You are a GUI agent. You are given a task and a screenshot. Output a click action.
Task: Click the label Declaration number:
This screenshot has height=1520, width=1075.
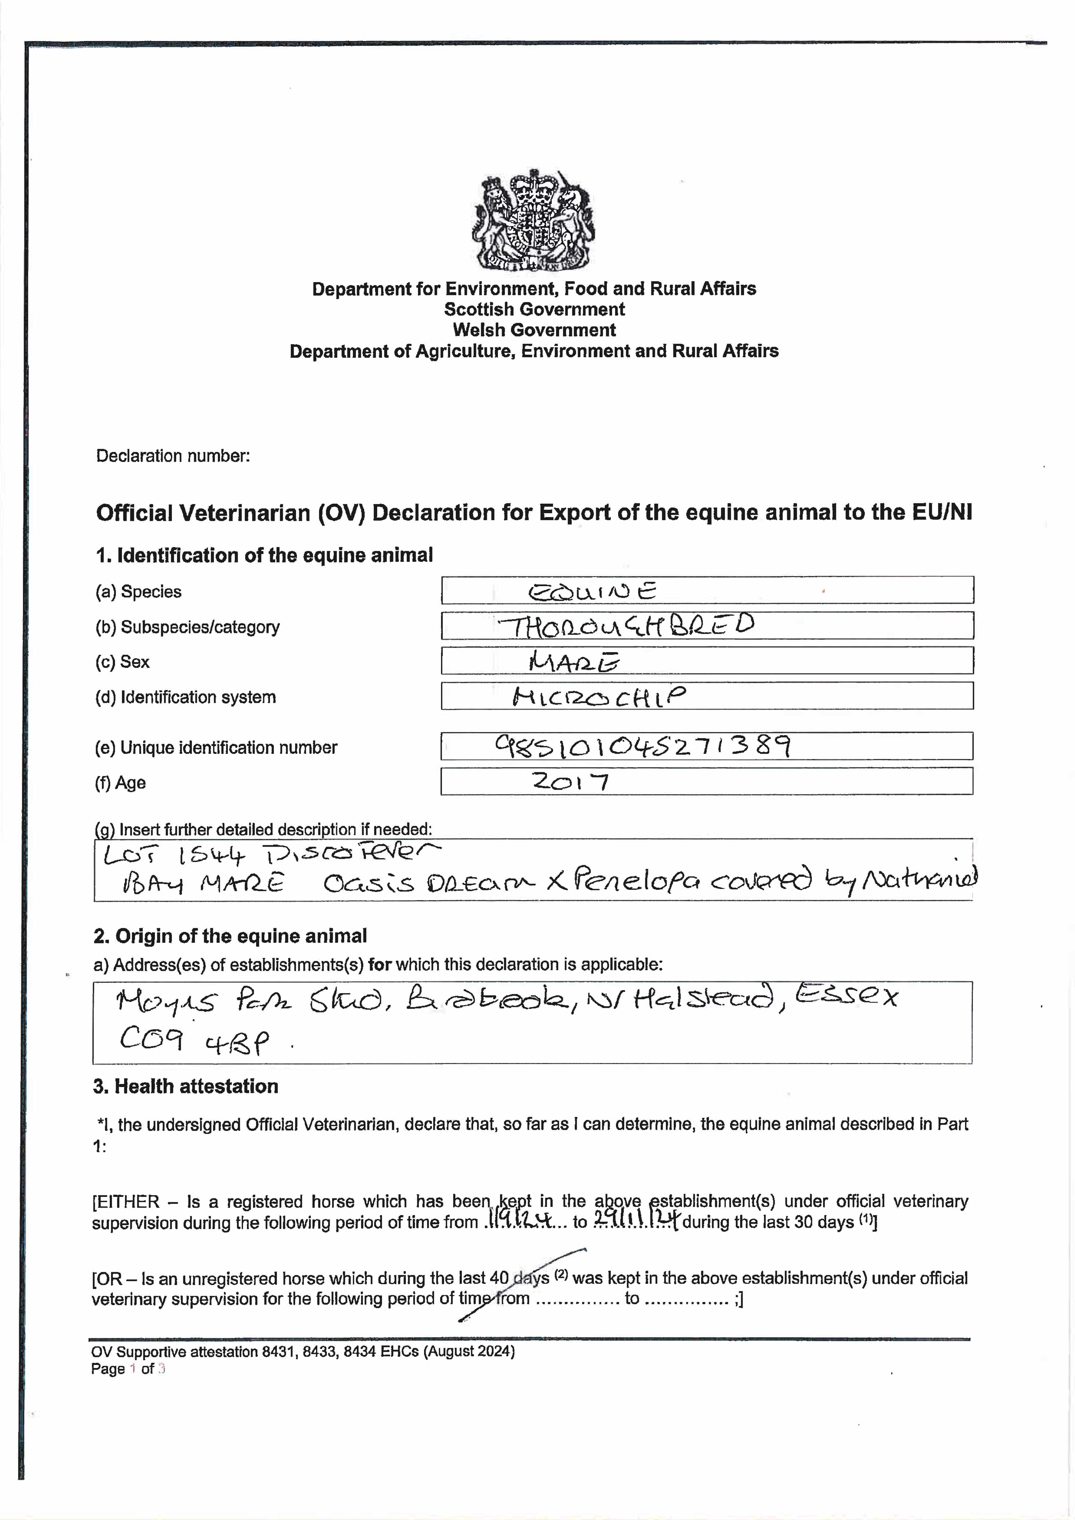(x=173, y=456)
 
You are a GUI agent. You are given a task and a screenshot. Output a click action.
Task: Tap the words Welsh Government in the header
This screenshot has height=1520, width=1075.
(x=534, y=330)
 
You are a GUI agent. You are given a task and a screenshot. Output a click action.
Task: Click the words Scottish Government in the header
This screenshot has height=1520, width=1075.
(x=534, y=309)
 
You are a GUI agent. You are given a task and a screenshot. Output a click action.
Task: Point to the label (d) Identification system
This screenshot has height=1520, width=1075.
(x=186, y=697)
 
